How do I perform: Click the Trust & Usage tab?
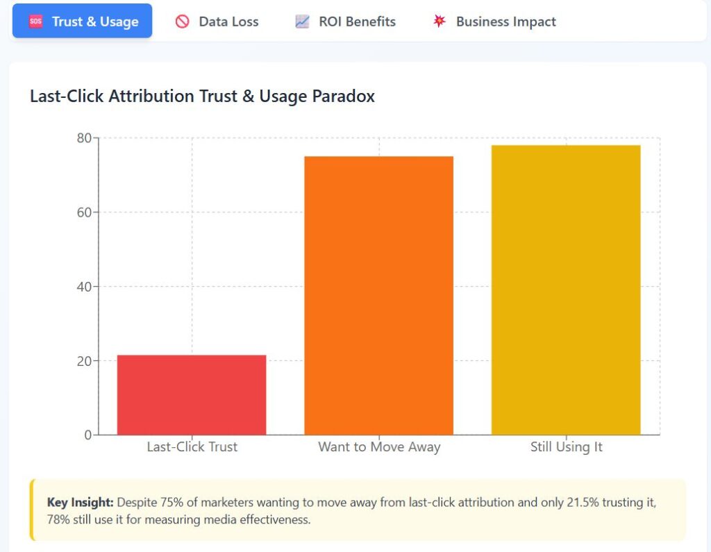(82, 21)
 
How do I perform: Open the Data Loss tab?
(217, 22)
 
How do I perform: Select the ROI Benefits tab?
(345, 22)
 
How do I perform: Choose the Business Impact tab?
(494, 22)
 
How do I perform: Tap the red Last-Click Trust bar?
(192, 395)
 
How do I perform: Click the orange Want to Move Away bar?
(378, 296)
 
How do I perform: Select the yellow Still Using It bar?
(566, 290)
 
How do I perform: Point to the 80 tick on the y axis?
(84, 138)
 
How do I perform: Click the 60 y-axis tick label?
(84, 212)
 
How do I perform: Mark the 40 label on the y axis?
(84, 287)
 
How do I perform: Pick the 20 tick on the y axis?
(84, 361)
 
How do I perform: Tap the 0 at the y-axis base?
(88, 435)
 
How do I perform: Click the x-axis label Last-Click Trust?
(192, 446)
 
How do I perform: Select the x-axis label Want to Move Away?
(379, 447)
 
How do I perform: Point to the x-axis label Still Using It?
(567, 447)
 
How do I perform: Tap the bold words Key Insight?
(80, 503)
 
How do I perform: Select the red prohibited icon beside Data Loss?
(183, 22)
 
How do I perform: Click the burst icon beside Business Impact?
(439, 21)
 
